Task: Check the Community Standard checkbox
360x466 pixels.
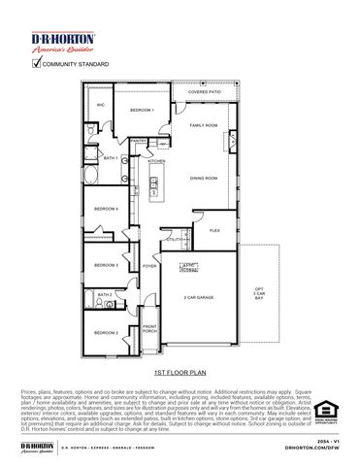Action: [x=38, y=64]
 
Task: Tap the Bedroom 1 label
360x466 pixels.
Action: [x=142, y=111]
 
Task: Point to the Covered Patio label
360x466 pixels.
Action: [x=204, y=92]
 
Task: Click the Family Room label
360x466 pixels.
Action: [x=204, y=125]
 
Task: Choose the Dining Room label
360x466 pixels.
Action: [x=204, y=179]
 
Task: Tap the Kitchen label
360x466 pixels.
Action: [x=157, y=161]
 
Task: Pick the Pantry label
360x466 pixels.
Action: [x=140, y=141]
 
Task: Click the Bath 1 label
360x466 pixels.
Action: [x=111, y=158]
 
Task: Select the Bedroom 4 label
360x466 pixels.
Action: [x=107, y=209]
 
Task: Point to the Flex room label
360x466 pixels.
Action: [x=215, y=230]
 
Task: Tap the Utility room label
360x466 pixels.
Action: [x=174, y=239]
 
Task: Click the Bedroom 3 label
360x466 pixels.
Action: [x=107, y=265]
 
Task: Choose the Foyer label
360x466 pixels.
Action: [x=149, y=265]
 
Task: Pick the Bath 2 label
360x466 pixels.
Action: [x=105, y=294]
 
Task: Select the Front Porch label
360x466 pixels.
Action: [x=149, y=328]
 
